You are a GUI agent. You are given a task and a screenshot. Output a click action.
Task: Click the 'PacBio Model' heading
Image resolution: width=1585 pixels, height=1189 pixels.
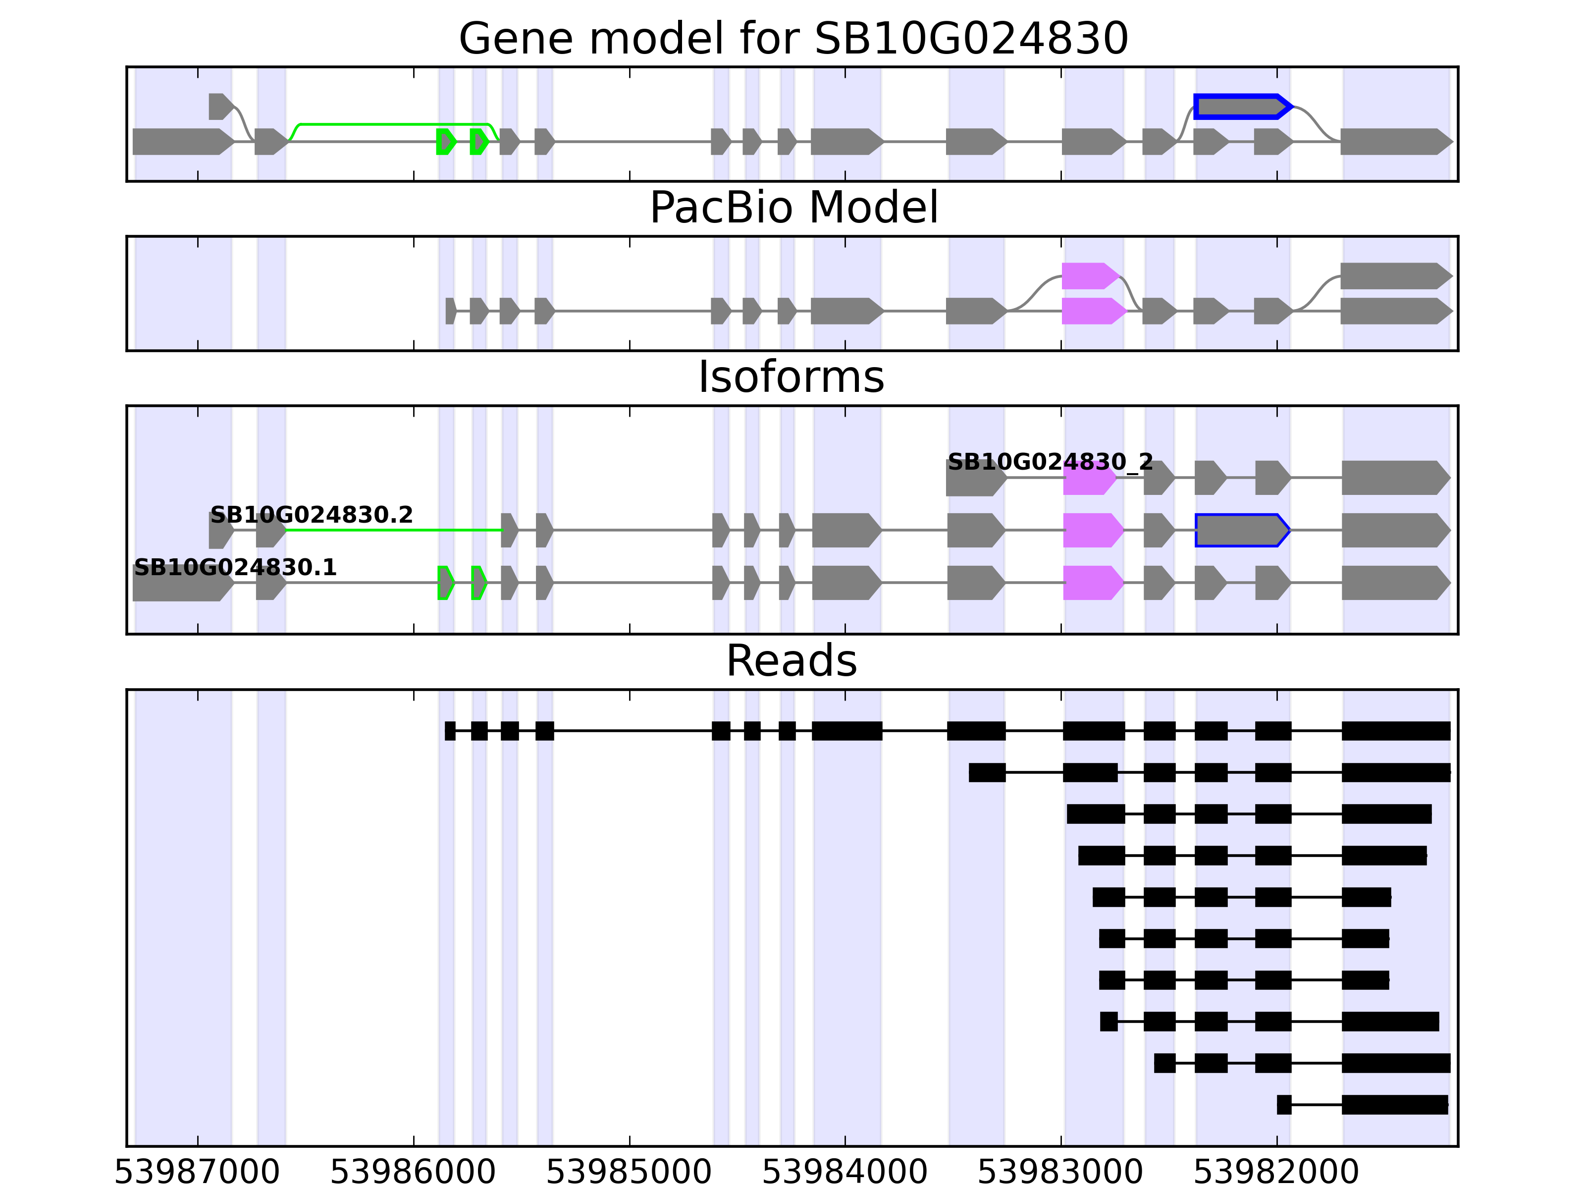(793, 208)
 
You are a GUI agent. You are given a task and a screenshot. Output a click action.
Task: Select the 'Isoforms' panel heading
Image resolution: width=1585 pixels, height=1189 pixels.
(791, 377)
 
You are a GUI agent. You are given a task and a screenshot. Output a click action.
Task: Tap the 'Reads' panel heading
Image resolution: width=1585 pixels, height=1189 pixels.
(791, 661)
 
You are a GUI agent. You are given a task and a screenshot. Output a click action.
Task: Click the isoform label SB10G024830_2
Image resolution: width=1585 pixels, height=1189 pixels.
(1050, 462)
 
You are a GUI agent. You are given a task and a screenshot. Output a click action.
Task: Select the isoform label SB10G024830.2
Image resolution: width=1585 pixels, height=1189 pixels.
(311, 515)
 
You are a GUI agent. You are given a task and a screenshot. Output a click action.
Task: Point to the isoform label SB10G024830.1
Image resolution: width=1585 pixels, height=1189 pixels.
(235, 568)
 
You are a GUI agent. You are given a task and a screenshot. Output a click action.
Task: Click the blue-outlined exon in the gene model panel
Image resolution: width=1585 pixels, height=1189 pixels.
(1241, 107)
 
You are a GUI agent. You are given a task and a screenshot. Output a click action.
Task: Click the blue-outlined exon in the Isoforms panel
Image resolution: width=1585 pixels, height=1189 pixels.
(1241, 531)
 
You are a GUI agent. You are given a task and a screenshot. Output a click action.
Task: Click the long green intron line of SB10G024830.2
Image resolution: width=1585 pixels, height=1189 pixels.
(394, 531)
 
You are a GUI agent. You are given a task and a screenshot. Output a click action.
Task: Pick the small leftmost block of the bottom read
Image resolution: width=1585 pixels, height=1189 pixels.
(1283, 1104)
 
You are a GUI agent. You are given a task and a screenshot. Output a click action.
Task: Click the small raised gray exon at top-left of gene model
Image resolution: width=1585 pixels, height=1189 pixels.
(219, 106)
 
